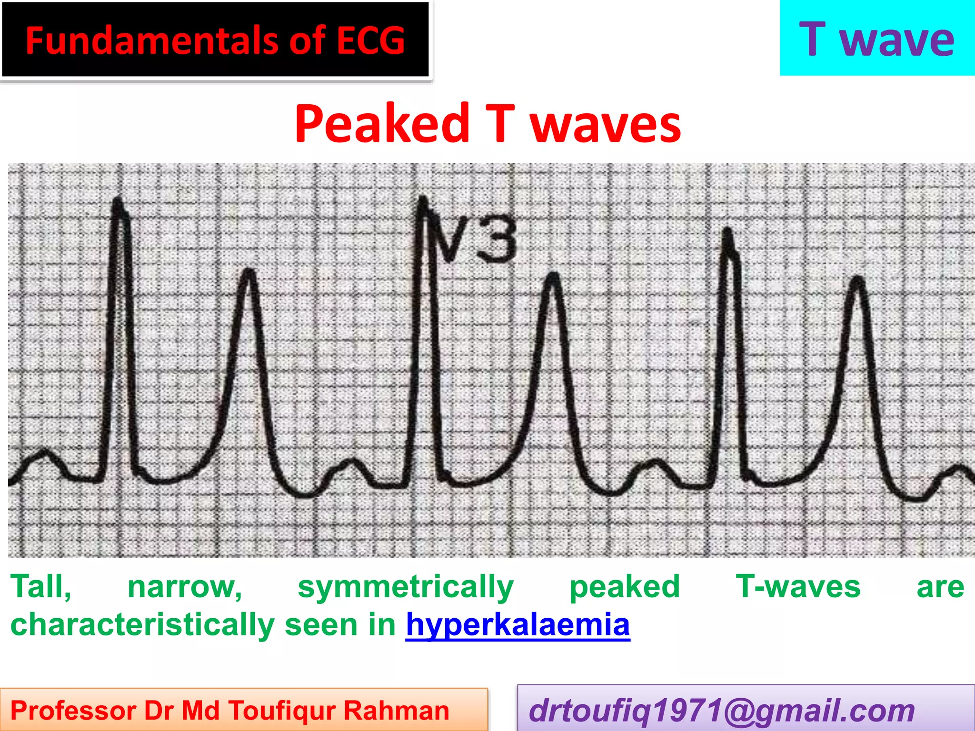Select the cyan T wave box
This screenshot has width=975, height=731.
coord(877,38)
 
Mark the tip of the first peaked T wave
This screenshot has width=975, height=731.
coord(249,272)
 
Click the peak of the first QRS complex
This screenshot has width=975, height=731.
coord(117,200)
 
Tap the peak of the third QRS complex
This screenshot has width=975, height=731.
coord(727,231)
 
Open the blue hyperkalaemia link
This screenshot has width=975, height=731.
coord(517,625)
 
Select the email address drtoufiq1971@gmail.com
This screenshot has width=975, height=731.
coord(722,711)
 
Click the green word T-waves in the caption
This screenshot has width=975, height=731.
coord(798,587)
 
